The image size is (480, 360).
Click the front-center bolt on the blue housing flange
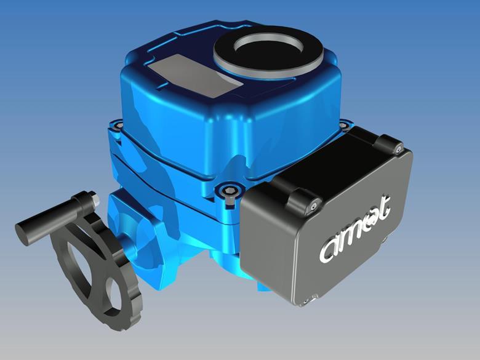[230, 190]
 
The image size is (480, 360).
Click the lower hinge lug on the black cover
[303, 199]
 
